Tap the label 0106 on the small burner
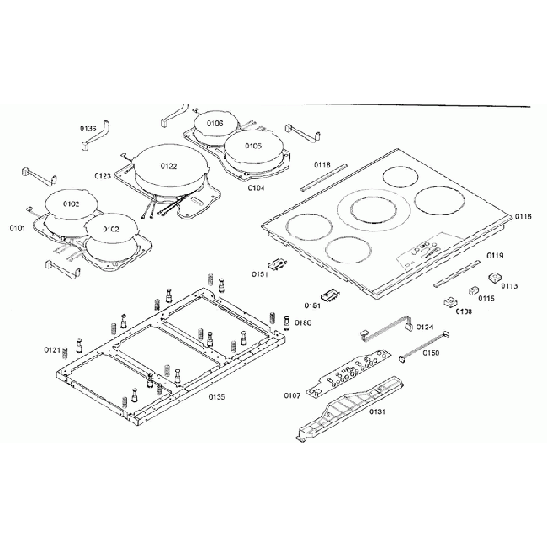pos(215,124)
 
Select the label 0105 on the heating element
pos(253,146)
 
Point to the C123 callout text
pos(103,176)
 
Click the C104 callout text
pos(257,189)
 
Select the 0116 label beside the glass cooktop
pos(523,216)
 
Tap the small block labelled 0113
pos(496,275)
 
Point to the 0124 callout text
pos(424,327)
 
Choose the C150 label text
pos(432,353)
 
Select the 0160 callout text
pos(303,322)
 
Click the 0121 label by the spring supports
pos(52,349)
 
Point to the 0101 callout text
pos(18,227)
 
